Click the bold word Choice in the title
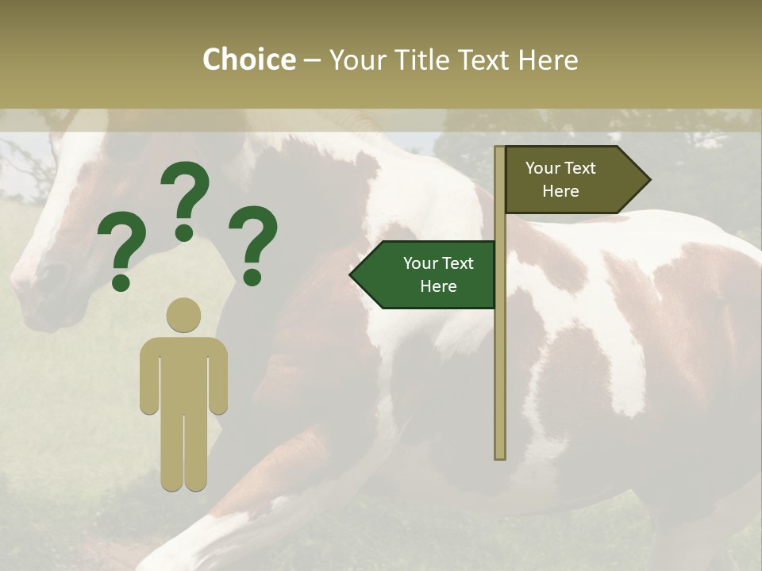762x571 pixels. point(248,59)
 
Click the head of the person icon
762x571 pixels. point(183,316)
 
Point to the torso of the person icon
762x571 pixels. point(183,373)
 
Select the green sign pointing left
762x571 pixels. point(429,274)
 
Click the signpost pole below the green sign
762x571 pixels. point(499,381)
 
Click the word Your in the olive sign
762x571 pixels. point(543,168)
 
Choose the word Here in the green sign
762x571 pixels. point(438,286)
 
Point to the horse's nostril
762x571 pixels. point(32,274)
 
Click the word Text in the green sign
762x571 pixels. point(456,263)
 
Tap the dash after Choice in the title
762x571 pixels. point(312,59)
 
